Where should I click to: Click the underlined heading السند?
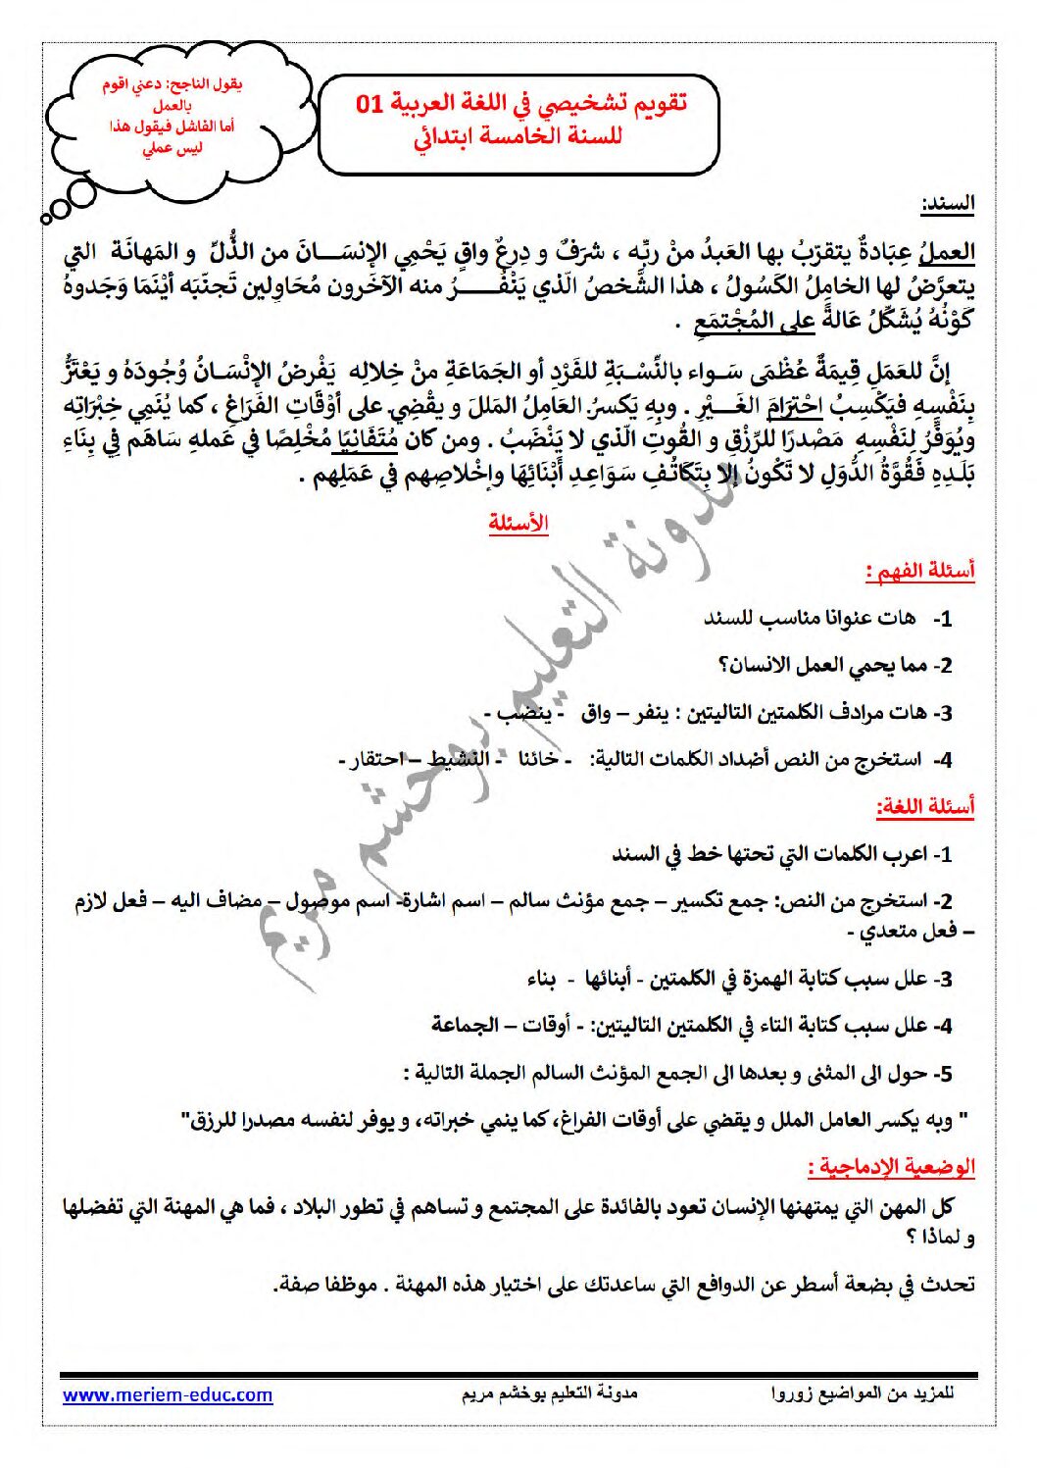pos(947,205)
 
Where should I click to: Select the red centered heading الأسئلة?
pos(518,524)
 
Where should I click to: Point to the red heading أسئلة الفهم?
pos(920,571)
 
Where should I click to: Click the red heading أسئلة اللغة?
pos(925,807)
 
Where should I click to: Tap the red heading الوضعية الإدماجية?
pos(892,1167)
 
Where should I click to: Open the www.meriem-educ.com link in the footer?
pos(168,1394)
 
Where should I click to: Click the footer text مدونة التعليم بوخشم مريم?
pos(549,1393)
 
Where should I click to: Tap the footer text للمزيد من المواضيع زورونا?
pos(863,1393)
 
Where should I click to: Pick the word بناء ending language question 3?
pos(541,979)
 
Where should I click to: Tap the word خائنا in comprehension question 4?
pos(538,759)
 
